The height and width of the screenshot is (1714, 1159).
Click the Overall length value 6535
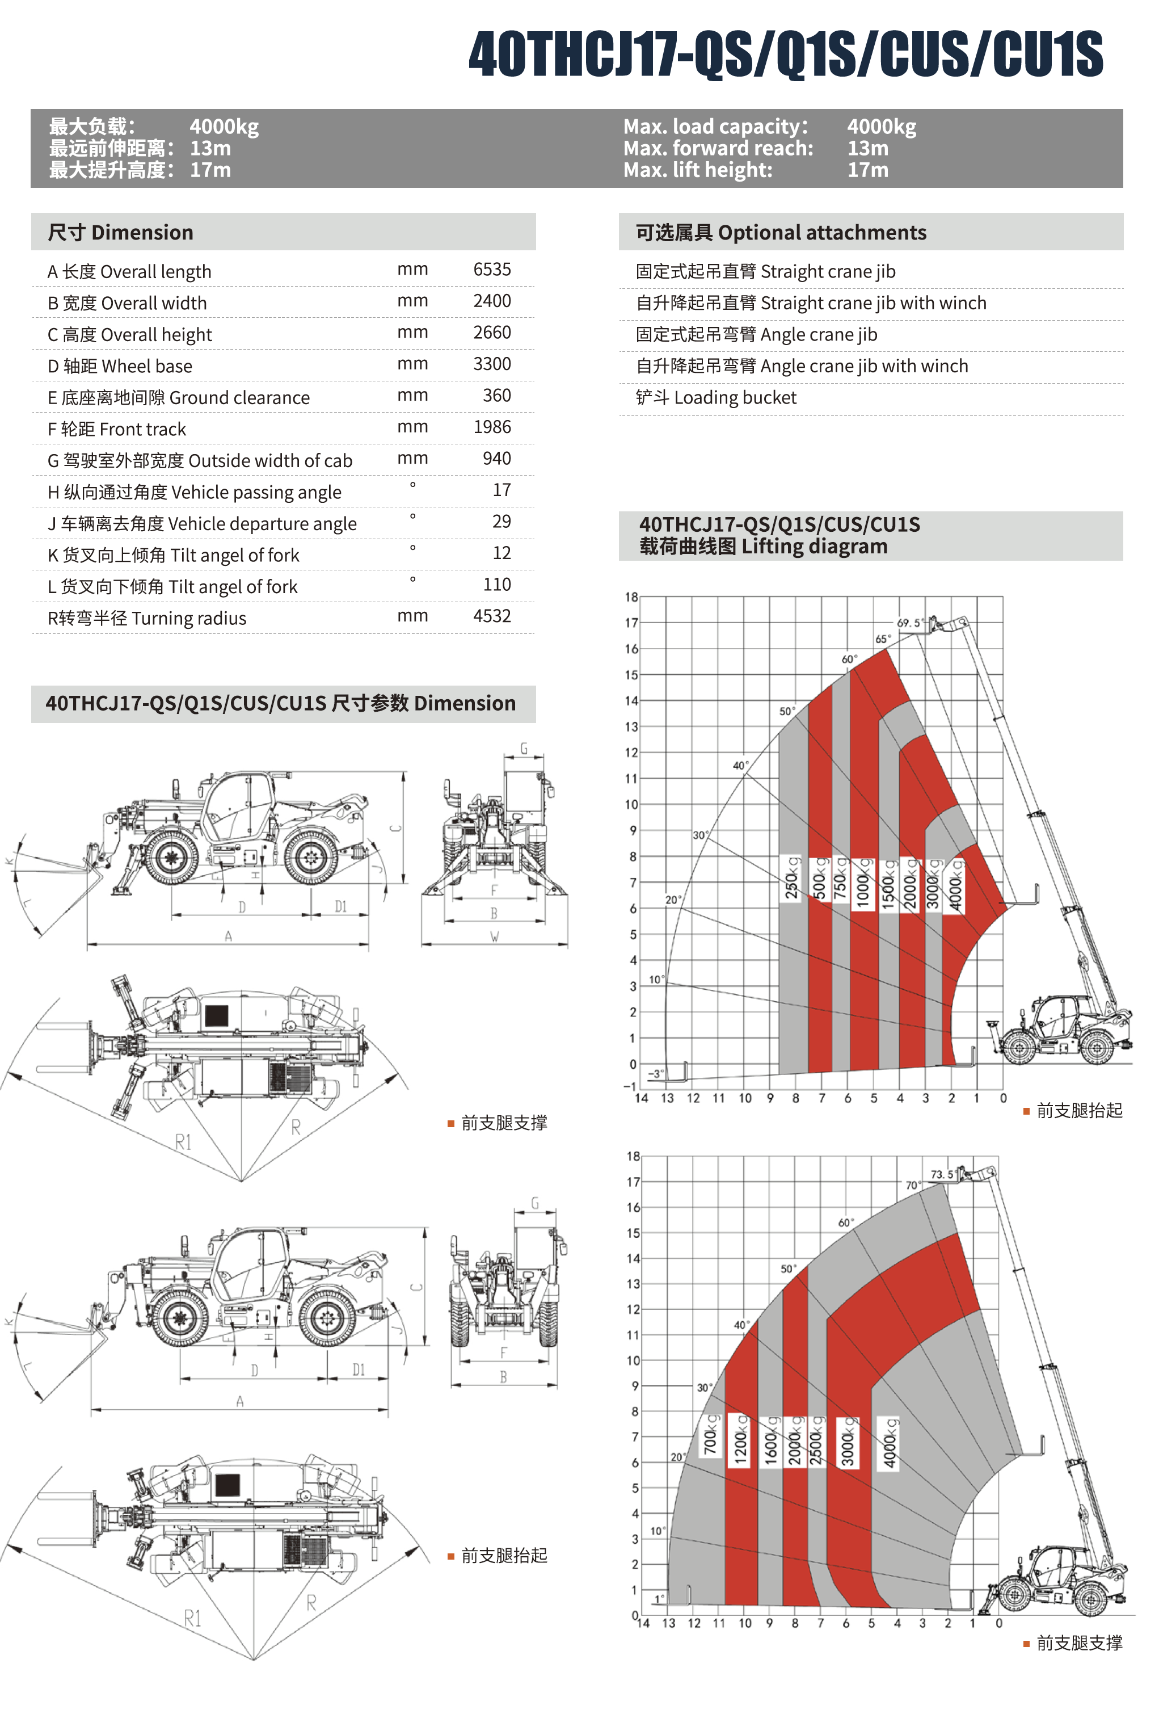point(491,270)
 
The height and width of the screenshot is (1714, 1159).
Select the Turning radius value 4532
point(491,616)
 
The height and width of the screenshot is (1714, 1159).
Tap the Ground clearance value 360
point(496,396)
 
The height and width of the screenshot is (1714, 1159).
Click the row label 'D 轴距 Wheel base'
point(120,367)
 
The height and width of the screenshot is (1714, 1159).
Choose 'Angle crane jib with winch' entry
point(802,367)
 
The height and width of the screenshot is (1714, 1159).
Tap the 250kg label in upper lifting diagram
point(791,877)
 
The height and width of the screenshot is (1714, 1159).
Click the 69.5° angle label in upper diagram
point(908,623)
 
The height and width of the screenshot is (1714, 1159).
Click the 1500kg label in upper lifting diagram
point(888,884)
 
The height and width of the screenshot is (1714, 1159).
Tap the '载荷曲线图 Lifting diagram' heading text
point(763,547)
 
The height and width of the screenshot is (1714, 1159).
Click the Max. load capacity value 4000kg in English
point(881,127)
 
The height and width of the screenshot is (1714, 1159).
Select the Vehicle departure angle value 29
point(501,522)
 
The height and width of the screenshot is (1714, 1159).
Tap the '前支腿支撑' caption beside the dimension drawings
point(504,1123)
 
